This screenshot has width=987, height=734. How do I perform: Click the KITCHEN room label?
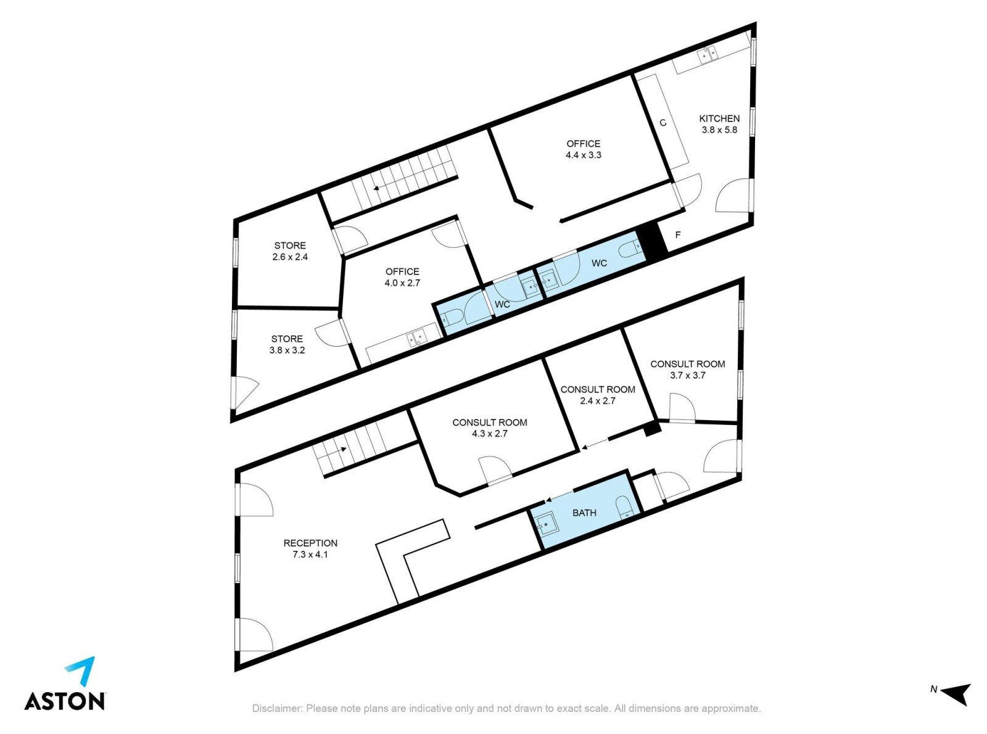[719, 119]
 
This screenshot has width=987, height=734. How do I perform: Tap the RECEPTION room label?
[310, 543]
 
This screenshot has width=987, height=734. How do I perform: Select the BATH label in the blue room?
[584, 513]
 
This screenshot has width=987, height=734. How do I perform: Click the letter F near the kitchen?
[678, 234]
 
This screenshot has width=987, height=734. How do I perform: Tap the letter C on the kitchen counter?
[663, 122]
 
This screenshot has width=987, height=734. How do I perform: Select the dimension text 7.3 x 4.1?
[310, 555]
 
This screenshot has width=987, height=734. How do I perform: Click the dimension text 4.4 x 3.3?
[583, 155]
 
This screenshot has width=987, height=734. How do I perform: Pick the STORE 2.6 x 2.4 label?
[290, 251]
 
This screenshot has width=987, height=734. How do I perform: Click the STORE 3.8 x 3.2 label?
[287, 345]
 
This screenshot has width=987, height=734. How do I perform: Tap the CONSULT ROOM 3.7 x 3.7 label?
[688, 369]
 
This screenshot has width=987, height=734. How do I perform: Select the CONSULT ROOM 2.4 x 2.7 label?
[598, 395]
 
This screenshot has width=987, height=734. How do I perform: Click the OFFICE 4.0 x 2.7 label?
[402, 277]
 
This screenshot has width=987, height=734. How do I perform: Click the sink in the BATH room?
[545, 524]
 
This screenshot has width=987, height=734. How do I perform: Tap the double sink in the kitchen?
[707, 55]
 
